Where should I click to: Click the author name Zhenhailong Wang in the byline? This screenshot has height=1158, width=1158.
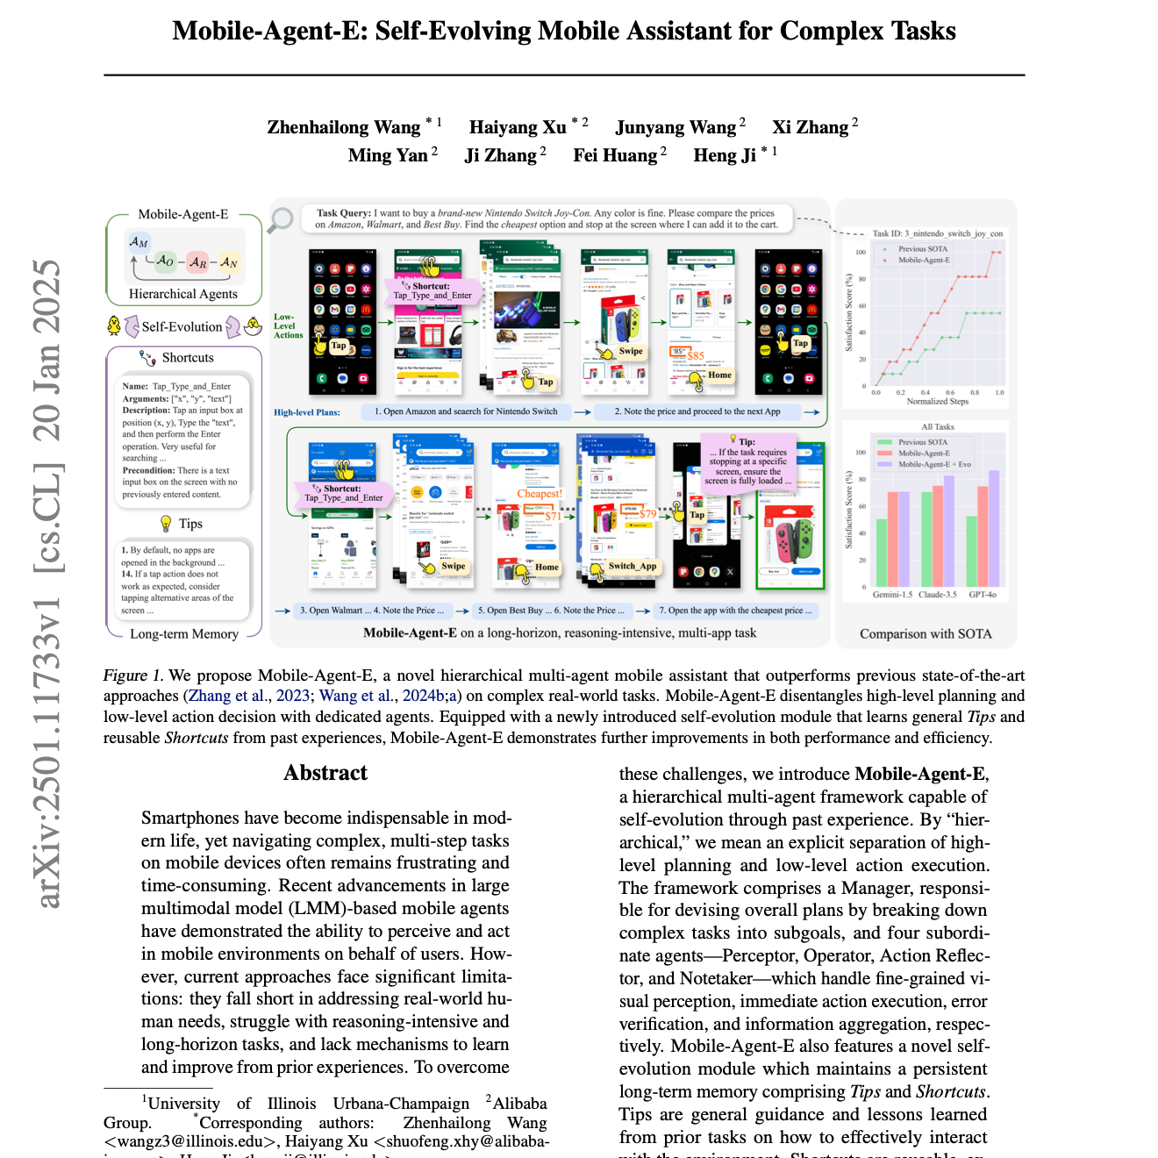(x=344, y=127)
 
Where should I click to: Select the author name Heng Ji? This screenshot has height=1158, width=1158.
(x=724, y=155)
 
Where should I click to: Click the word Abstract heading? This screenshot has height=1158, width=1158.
(x=325, y=773)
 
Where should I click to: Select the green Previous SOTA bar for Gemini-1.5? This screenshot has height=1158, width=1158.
(x=882, y=553)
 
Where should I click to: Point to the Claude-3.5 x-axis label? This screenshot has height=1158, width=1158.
(x=938, y=595)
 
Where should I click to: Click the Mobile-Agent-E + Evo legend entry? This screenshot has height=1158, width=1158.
(x=933, y=464)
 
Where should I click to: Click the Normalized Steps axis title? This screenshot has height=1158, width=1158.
(x=937, y=402)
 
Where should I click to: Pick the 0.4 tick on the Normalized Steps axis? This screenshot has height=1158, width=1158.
(x=925, y=392)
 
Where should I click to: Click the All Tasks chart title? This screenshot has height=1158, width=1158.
(x=937, y=427)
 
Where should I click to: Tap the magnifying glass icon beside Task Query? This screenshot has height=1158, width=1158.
(x=281, y=219)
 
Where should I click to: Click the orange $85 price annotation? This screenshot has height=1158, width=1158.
(x=696, y=355)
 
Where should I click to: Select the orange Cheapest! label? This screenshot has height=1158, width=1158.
(x=539, y=494)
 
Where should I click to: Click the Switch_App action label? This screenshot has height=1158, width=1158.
(x=632, y=566)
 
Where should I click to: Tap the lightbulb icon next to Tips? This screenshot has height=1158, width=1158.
(x=166, y=524)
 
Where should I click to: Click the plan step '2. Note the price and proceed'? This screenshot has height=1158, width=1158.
(x=697, y=411)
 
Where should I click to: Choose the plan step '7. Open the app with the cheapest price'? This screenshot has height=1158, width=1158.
(x=735, y=611)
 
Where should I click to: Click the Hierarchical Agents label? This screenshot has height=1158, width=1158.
(x=182, y=295)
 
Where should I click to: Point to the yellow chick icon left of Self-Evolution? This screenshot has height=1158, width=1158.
(x=114, y=326)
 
